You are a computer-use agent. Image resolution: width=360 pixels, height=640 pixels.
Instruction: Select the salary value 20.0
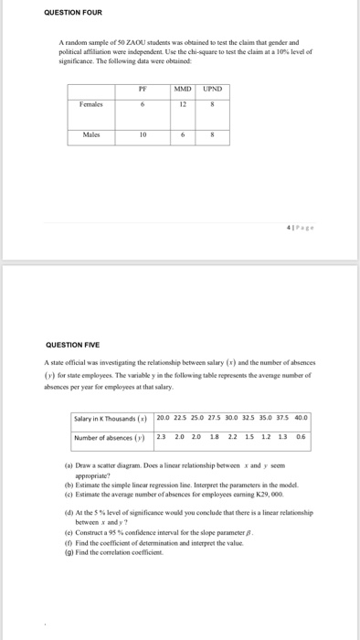click(x=164, y=418)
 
